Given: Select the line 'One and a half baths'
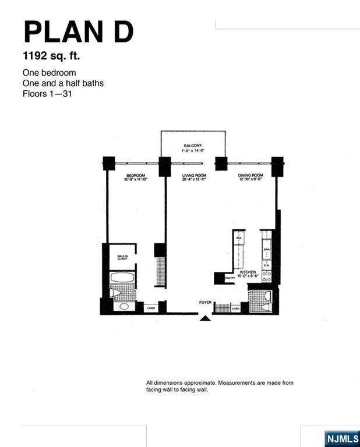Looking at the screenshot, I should [x=63, y=83].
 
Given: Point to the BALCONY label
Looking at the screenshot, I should [x=192, y=146].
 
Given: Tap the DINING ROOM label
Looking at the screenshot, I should [x=250, y=175].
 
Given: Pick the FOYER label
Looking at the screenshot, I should [x=204, y=302].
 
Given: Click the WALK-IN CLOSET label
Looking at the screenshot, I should [x=122, y=257].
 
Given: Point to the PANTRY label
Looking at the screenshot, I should [x=229, y=278].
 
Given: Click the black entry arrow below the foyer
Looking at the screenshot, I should [x=204, y=318].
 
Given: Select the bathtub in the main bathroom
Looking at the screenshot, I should [x=122, y=278].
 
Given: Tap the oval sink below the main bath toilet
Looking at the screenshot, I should [x=123, y=306].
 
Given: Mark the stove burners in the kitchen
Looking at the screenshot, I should [x=266, y=278].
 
